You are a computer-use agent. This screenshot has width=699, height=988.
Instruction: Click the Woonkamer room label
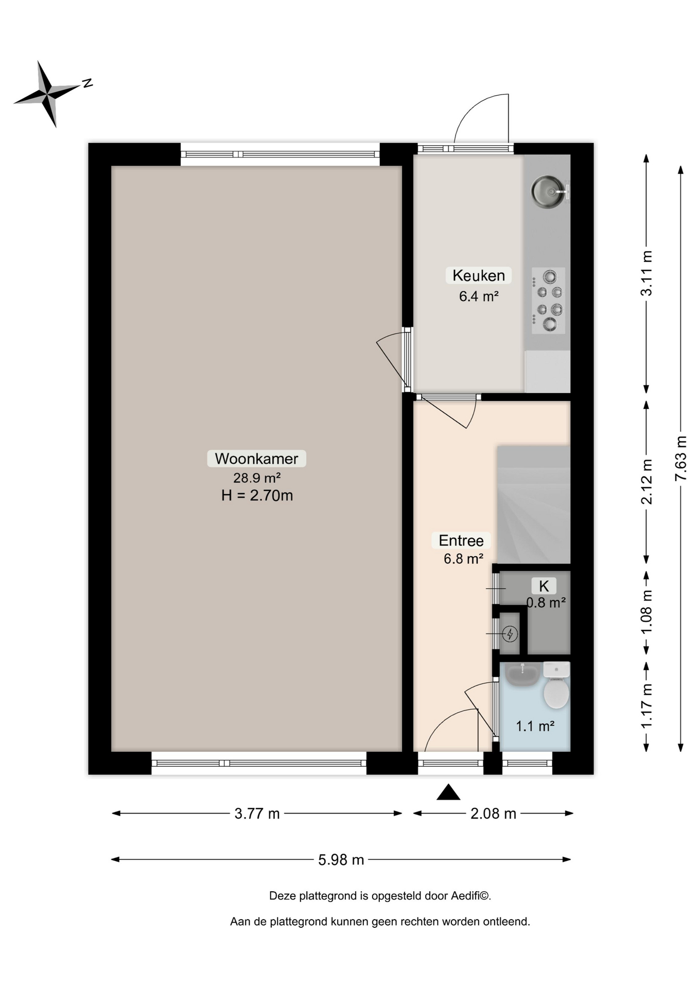point(256,458)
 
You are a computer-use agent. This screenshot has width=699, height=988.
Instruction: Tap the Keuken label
point(479,275)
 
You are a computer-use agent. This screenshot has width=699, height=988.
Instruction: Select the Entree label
point(461,540)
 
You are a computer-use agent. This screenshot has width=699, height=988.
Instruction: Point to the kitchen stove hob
point(548,301)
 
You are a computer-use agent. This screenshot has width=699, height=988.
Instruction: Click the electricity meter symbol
point(510,633)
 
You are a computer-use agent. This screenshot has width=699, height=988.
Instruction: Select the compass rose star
point(47,94)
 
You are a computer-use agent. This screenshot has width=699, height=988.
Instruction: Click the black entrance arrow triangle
point(448,792)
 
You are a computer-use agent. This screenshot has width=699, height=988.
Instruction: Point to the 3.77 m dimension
point(257,814)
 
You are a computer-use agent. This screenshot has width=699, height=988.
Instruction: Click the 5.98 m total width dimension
point(341,859)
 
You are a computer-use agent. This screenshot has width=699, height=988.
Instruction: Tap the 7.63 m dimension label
point(681,458)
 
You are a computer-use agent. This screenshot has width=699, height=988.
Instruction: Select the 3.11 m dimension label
point(646,273)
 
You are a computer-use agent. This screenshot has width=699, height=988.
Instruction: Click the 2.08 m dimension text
point(493,814)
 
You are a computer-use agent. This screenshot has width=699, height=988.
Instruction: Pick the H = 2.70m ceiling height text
point(257,496)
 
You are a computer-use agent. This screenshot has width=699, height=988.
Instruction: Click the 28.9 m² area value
point(257,478)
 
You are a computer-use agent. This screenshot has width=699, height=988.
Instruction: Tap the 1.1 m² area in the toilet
point(535,726)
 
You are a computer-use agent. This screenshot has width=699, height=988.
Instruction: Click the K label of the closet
point(544,586)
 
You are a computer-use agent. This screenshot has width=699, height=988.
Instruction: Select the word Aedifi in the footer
point(465,896)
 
